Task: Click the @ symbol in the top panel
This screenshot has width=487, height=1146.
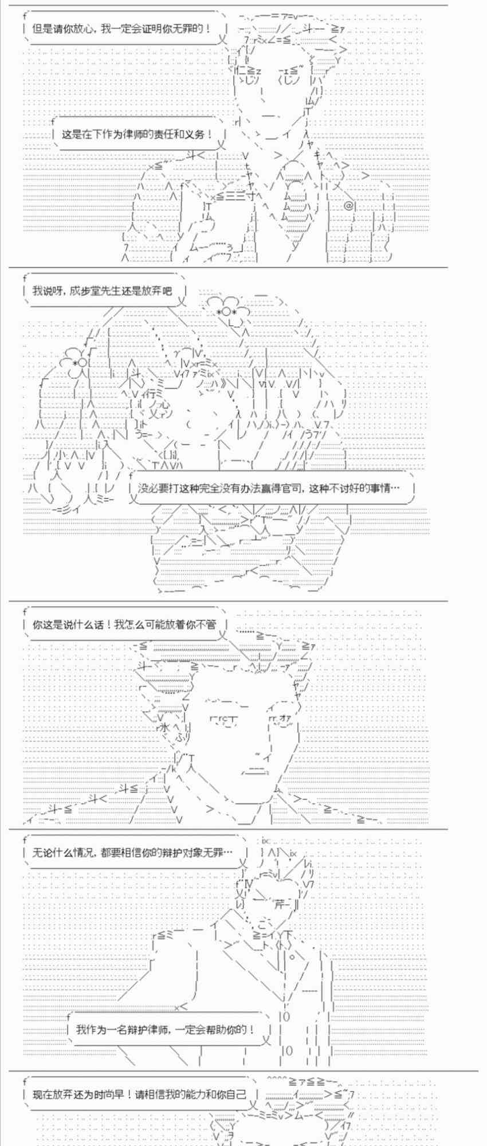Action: (348, 205)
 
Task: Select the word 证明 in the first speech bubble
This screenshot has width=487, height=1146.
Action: (156, 28)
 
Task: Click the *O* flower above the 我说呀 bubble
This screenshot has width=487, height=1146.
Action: (226, 311)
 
